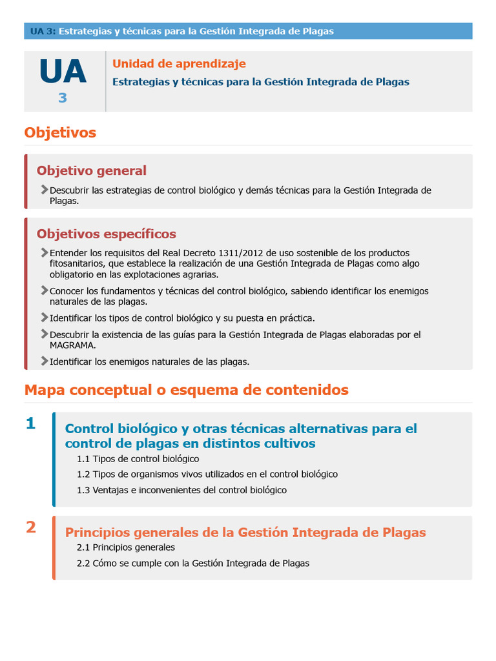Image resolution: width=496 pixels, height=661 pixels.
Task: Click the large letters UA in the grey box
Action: [x=63, y=72]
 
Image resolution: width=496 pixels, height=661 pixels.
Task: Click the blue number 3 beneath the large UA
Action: [x=63, y=98]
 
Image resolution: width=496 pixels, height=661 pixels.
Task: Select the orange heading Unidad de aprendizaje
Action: [x=179, y=64]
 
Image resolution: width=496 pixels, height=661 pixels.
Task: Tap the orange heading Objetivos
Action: [x=60, y=132]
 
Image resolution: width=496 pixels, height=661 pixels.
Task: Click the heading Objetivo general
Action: [x=92, y=170]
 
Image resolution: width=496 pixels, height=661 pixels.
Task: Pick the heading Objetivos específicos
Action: [x=107, y=234]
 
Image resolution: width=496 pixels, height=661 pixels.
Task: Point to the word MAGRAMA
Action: [x=72, y=345]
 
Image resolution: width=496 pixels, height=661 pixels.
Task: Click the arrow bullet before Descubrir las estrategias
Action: [x=44, y=190]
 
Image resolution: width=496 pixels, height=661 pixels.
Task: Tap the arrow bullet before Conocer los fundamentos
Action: [x=44, y=290]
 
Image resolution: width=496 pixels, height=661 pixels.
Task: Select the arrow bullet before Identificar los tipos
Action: [x=44, y=318]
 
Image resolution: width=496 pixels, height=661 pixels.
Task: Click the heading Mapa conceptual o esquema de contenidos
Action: [x=186, y=390]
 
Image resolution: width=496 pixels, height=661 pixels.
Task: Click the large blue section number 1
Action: [x=30, y=423]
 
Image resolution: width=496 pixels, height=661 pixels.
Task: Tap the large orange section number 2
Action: [x=30, y=527]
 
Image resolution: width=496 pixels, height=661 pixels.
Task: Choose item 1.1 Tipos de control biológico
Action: [x=138, y=459]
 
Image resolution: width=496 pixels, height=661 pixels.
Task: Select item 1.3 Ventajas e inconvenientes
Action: [x=181, y=490]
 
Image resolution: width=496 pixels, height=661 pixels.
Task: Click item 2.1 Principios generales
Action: [x=125, y=547]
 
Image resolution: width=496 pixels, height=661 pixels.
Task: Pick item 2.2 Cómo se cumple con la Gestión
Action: [x=192, y=563]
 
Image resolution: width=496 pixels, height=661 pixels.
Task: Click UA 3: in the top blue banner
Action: [x=43, y=31]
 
